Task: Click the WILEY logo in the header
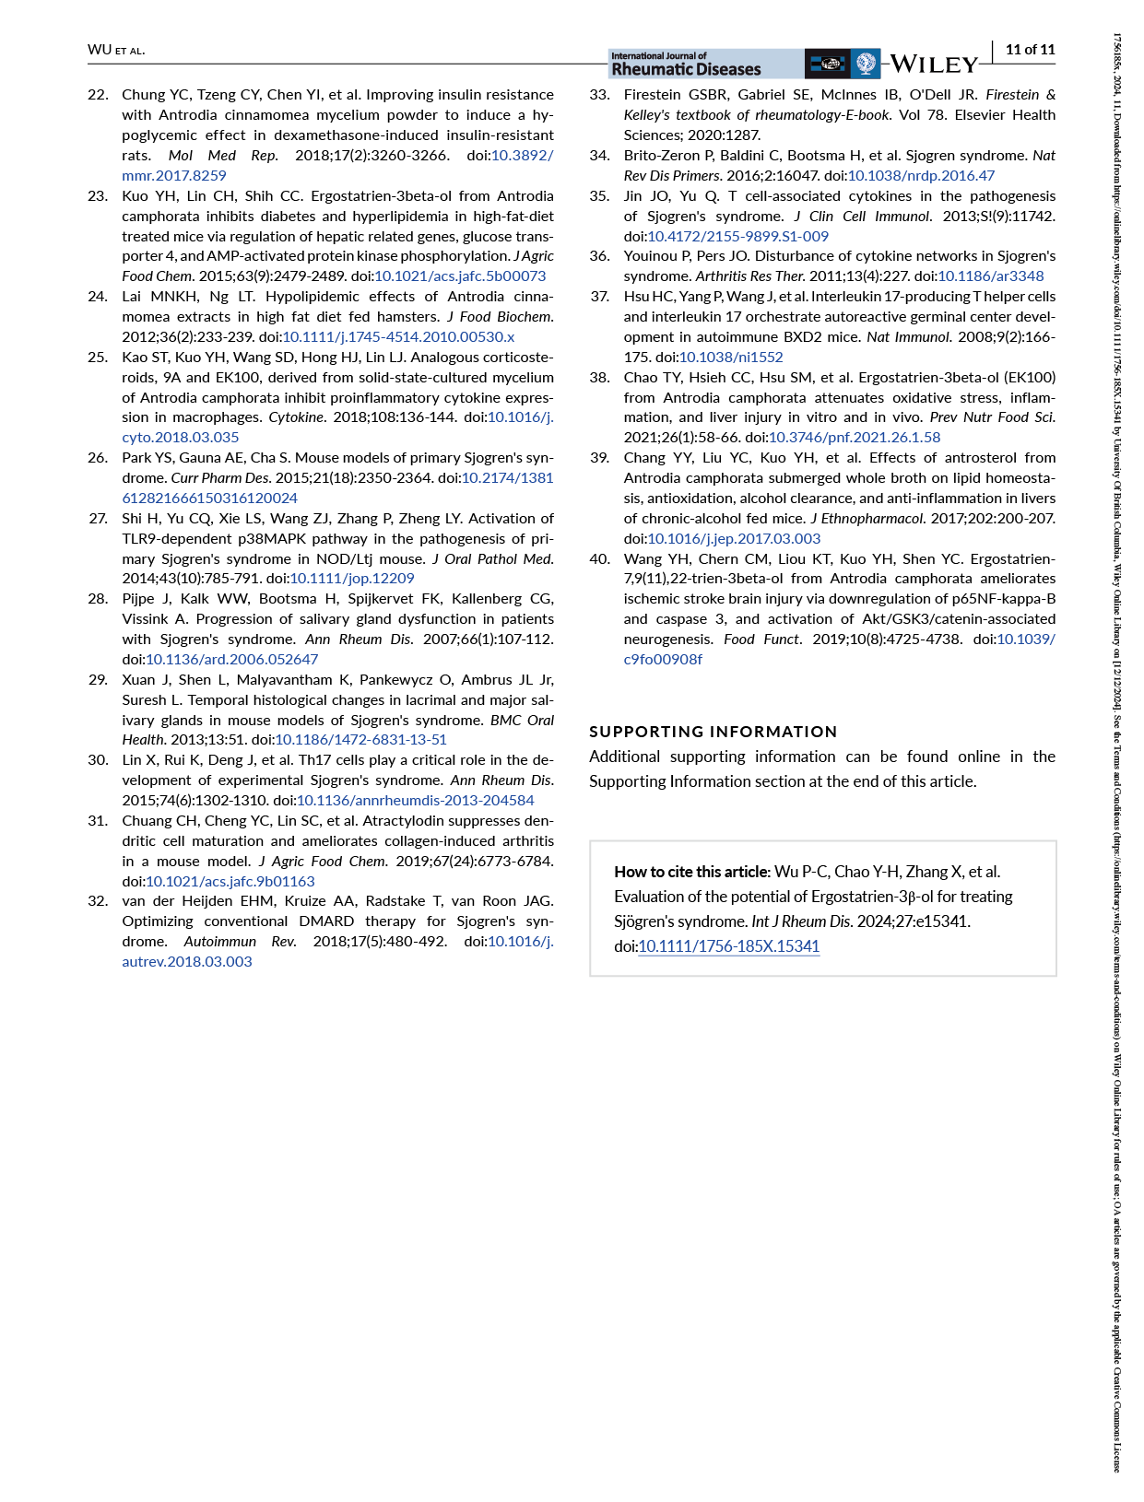[933, 65]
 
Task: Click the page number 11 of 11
[1030, 50]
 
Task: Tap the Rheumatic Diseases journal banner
[687, 64]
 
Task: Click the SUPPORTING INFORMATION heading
[713, 732]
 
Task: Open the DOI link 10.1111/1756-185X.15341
[728, 946]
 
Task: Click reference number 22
[98, 95]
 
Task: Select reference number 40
[599, 558]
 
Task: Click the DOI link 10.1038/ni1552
[731, 357]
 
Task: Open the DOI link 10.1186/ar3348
[991, 276]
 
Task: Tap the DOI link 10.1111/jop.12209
[352, 578]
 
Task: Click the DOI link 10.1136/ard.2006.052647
[232, 659]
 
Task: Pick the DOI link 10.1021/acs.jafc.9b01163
[230, 881]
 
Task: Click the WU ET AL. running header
[116, 50]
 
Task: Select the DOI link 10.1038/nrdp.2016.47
[921, 175]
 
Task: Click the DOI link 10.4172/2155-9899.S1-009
[737, 236]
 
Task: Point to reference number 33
[599, 95]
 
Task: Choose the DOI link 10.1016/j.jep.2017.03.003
[734, 538]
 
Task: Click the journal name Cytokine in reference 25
[296, 417]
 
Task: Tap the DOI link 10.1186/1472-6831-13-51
[360, 739]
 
